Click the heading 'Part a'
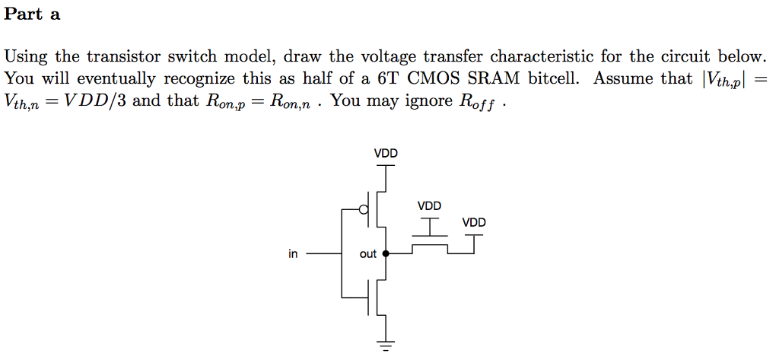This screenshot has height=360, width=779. tap(32, 14)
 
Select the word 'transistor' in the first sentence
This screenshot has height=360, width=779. tap(119, 57)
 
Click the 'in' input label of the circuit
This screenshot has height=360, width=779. tap(293, 254)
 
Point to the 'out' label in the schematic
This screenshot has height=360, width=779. tap(368, 254)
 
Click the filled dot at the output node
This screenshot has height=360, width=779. tap(386, 253)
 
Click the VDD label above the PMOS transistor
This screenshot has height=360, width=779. tap(386, 154)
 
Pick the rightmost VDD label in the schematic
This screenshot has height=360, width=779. tap(474, 223)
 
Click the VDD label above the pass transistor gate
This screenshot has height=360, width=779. tap(429, 206)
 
